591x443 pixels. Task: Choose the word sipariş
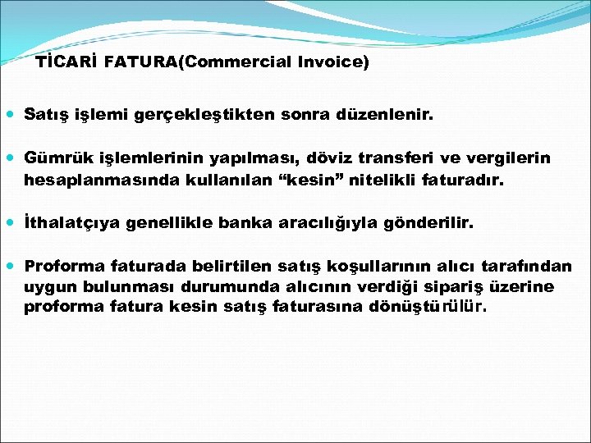[x=465, y=286]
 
